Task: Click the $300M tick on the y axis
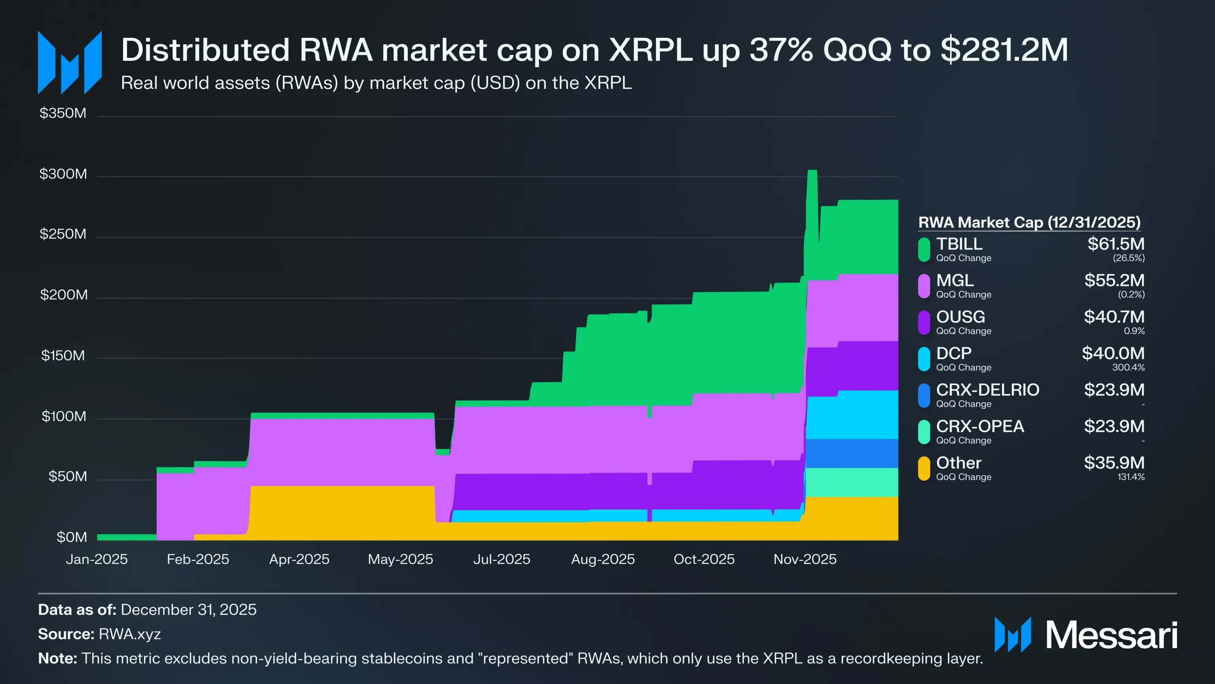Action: (63, 174)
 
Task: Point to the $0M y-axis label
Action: (71, 537)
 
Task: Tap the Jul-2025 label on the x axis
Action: (502, 559)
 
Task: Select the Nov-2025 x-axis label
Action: (804, 559)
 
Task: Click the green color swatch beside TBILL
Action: (924, 249)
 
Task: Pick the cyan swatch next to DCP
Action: (924, 359)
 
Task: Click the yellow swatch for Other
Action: (924, 468)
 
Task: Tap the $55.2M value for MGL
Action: (1114, 280)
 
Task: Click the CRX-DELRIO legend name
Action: (987, 390)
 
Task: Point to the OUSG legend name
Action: (960, 317)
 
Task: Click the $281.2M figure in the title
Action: (1004, 50)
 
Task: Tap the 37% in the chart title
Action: (781, 50)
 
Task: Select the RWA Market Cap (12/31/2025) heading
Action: (1029, 222)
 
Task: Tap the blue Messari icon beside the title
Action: (69, 63)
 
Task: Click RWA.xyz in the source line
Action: (130, 634)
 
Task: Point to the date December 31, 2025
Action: (188, 610)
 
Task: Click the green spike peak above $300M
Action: (812, 171)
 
